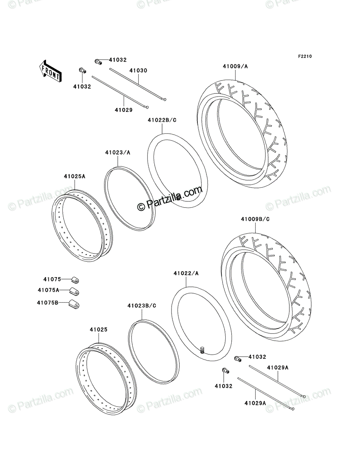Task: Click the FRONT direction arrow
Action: [50, 71]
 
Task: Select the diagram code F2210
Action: [305, 57]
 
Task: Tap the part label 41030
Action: [138, 71]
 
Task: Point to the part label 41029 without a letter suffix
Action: [124, 110]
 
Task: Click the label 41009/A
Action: [235, 66]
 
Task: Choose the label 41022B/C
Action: [162, 120]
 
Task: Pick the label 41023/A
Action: [117, 153]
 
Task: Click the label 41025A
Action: [75, 176]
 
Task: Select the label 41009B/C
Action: [255, 219]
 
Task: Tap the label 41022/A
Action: [186, 273]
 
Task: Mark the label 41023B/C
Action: [142, 305]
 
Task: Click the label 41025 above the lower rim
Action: [99, 329]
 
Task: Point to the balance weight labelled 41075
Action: [75, 280]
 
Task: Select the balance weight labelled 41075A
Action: [74, 291]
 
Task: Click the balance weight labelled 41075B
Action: [73, 304]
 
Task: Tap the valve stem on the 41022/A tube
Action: [202, 350]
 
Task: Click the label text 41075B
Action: [48, 303]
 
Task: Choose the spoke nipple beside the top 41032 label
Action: [98, 62]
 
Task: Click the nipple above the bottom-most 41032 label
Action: [226, 371]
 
